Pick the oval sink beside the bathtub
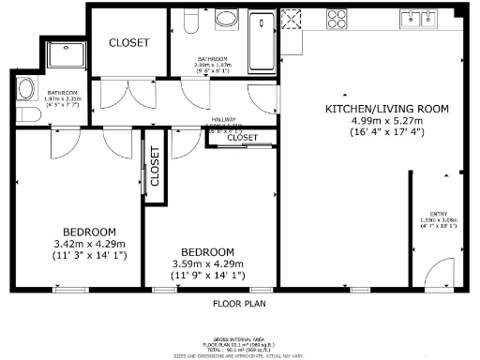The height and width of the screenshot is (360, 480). click(226, 19)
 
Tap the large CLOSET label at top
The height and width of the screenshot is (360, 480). click(128, 42)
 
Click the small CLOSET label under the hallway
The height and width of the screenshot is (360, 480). click(243, 138)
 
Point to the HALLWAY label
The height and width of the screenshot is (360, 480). click(223, 121)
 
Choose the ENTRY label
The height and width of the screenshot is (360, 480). click(438, 213)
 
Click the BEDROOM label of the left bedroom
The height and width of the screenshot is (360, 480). click(89, 232)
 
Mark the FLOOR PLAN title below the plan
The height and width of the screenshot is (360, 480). click(240, 305)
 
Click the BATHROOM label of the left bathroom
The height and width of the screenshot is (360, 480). click(63, 92)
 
